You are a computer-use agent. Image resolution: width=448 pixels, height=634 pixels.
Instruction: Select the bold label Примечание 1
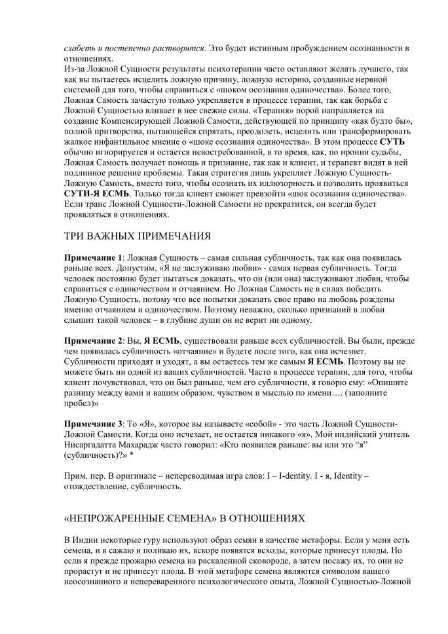(92, 260)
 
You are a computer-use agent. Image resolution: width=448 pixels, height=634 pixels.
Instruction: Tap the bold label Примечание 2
(92, 341)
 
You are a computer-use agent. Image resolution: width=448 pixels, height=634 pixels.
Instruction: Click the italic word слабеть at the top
(79, 48)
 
